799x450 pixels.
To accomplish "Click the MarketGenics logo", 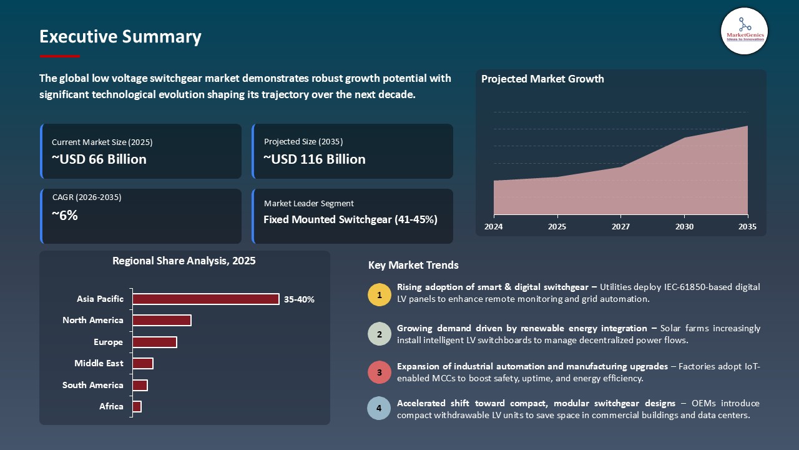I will coord(744,31).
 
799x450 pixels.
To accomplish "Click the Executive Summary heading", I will coord(120,37).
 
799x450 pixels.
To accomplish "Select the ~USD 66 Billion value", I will coord(99,159).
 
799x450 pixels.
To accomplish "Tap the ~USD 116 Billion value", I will coord(315,159).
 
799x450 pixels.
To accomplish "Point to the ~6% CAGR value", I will coord(65,216).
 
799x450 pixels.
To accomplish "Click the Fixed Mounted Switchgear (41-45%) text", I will coord(350,219).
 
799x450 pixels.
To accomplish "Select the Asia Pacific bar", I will coord(205,299).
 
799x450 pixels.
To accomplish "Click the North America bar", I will coord(162,320).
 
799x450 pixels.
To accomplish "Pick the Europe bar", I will coord(155,342).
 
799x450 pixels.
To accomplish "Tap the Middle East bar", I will coord(143,363).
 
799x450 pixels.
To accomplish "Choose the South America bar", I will coord(140,385).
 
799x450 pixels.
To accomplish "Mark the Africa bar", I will coord(137,406).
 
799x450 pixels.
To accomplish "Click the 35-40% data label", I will coord(299,299).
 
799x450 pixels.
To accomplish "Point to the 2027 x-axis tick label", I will coord(620,227).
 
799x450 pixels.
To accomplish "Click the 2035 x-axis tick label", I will coord(747,227).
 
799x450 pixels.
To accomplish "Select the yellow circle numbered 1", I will coord(380,294).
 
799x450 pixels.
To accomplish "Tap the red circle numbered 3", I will coord(380,372).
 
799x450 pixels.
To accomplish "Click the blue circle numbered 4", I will coord(380,409).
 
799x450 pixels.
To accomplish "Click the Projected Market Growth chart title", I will coord(542,79).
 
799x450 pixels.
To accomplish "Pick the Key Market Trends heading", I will coord(413,265).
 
